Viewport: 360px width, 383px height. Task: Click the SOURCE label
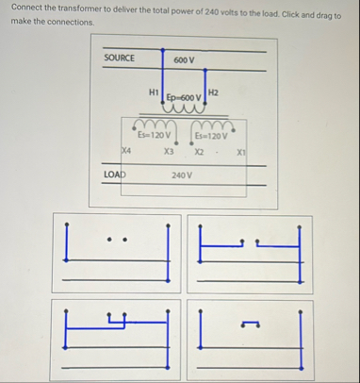click(x=119, y=58)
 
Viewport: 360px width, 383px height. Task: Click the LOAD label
click(x=115, y=175)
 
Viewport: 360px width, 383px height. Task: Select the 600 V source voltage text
click(x=184, y=60)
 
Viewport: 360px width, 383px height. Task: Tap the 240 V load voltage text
click(x=182, y=175)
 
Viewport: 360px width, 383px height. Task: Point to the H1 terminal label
click(x=154, y=92)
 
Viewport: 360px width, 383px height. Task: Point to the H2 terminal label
click(x=213, y=92)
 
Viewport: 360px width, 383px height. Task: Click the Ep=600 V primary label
click(x=184, y=97)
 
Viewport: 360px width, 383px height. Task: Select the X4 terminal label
click(x=126, y=151)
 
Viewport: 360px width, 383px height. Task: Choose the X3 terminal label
click(x=169, y=152)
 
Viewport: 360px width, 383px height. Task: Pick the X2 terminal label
click(x=199, y=153)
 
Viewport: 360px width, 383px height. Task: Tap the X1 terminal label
click(x=241, y=153)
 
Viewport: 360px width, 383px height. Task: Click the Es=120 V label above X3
click(x=155, y=135)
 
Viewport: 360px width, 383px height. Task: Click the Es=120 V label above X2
click(x=211, y=136)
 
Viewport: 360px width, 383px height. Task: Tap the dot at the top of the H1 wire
click(x=162, y=50)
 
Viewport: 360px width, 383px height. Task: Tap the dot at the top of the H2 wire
click(x=205, y=70)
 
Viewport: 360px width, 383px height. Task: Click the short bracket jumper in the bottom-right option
click(x=250, y=325)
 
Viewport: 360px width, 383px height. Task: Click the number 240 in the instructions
click(x=211, y=12)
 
